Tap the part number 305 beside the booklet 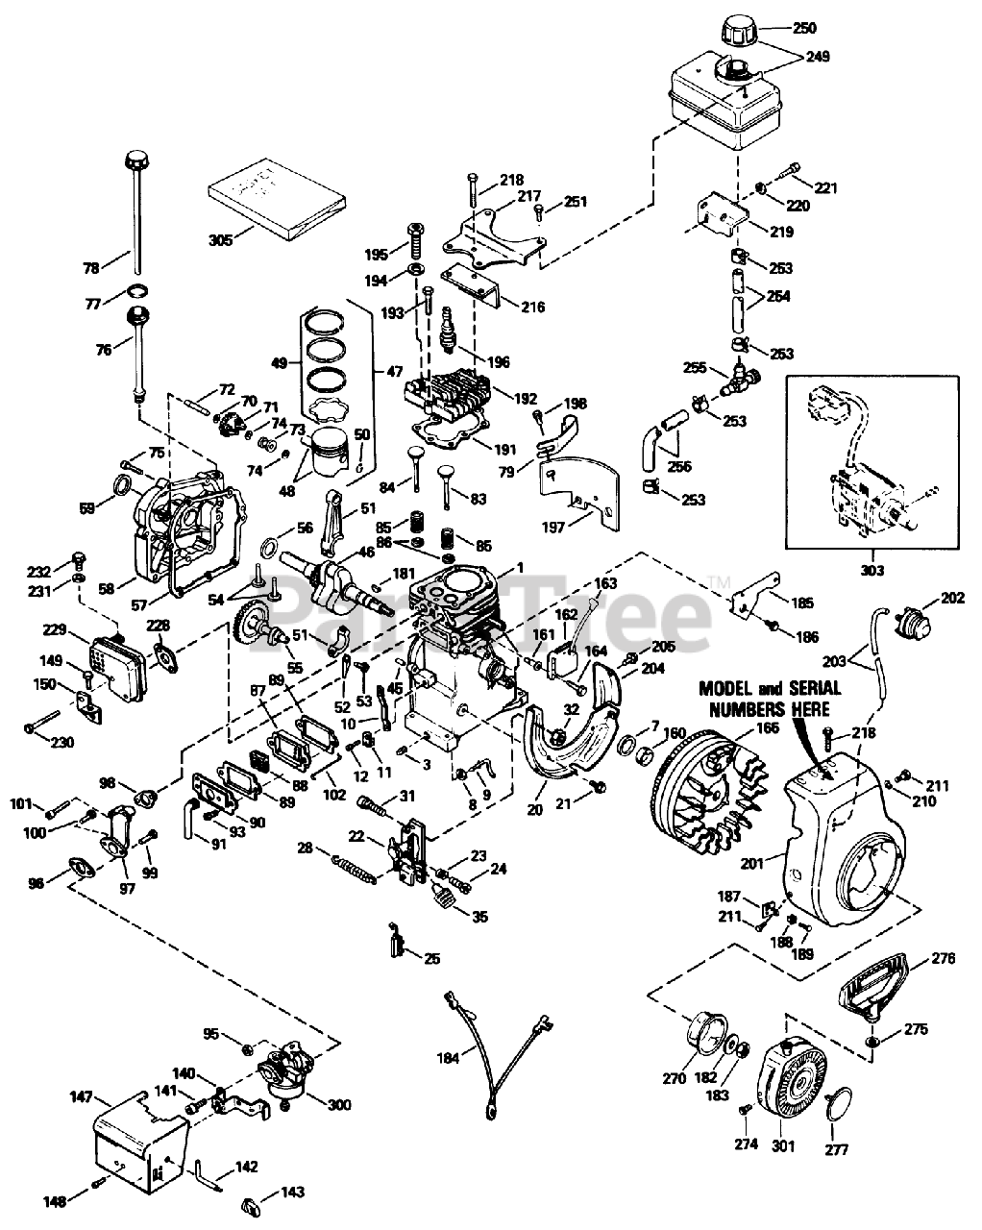221,240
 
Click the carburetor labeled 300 285,1069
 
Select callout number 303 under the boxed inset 872,570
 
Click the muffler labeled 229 116,668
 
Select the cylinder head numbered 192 449,391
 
